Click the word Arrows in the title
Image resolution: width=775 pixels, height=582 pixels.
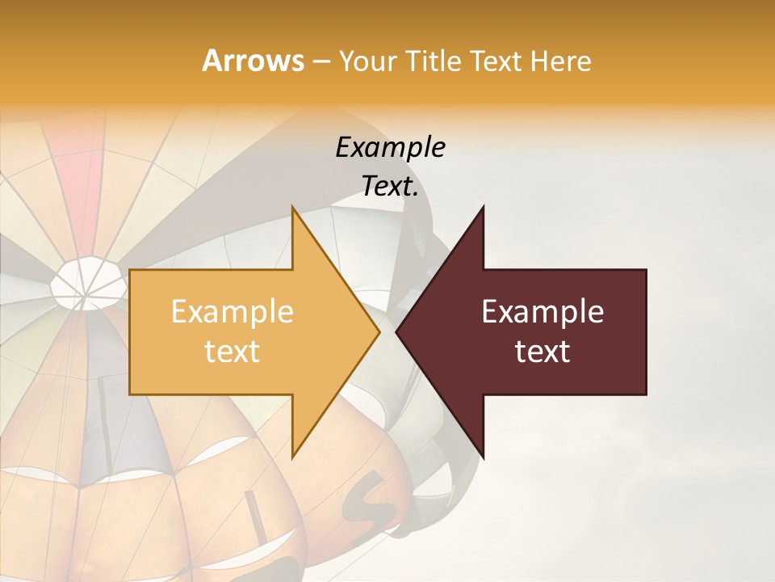tap(253, 61)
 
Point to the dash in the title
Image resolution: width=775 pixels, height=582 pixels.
tap(320, 61)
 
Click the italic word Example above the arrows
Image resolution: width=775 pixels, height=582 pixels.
tap(390, 147)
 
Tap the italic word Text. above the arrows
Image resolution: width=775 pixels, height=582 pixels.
tap(390, 187)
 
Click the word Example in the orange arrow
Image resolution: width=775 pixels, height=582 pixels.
tap(232, 311)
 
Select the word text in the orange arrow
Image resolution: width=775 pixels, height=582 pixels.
tap(232, 351)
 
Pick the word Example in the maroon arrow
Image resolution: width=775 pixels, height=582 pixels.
tap(542, 311)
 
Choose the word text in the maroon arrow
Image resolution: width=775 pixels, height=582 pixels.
tap(542, 351)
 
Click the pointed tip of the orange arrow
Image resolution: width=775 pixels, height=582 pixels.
tap(378, 331)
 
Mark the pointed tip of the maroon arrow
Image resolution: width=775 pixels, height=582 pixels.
tap(398, 331)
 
